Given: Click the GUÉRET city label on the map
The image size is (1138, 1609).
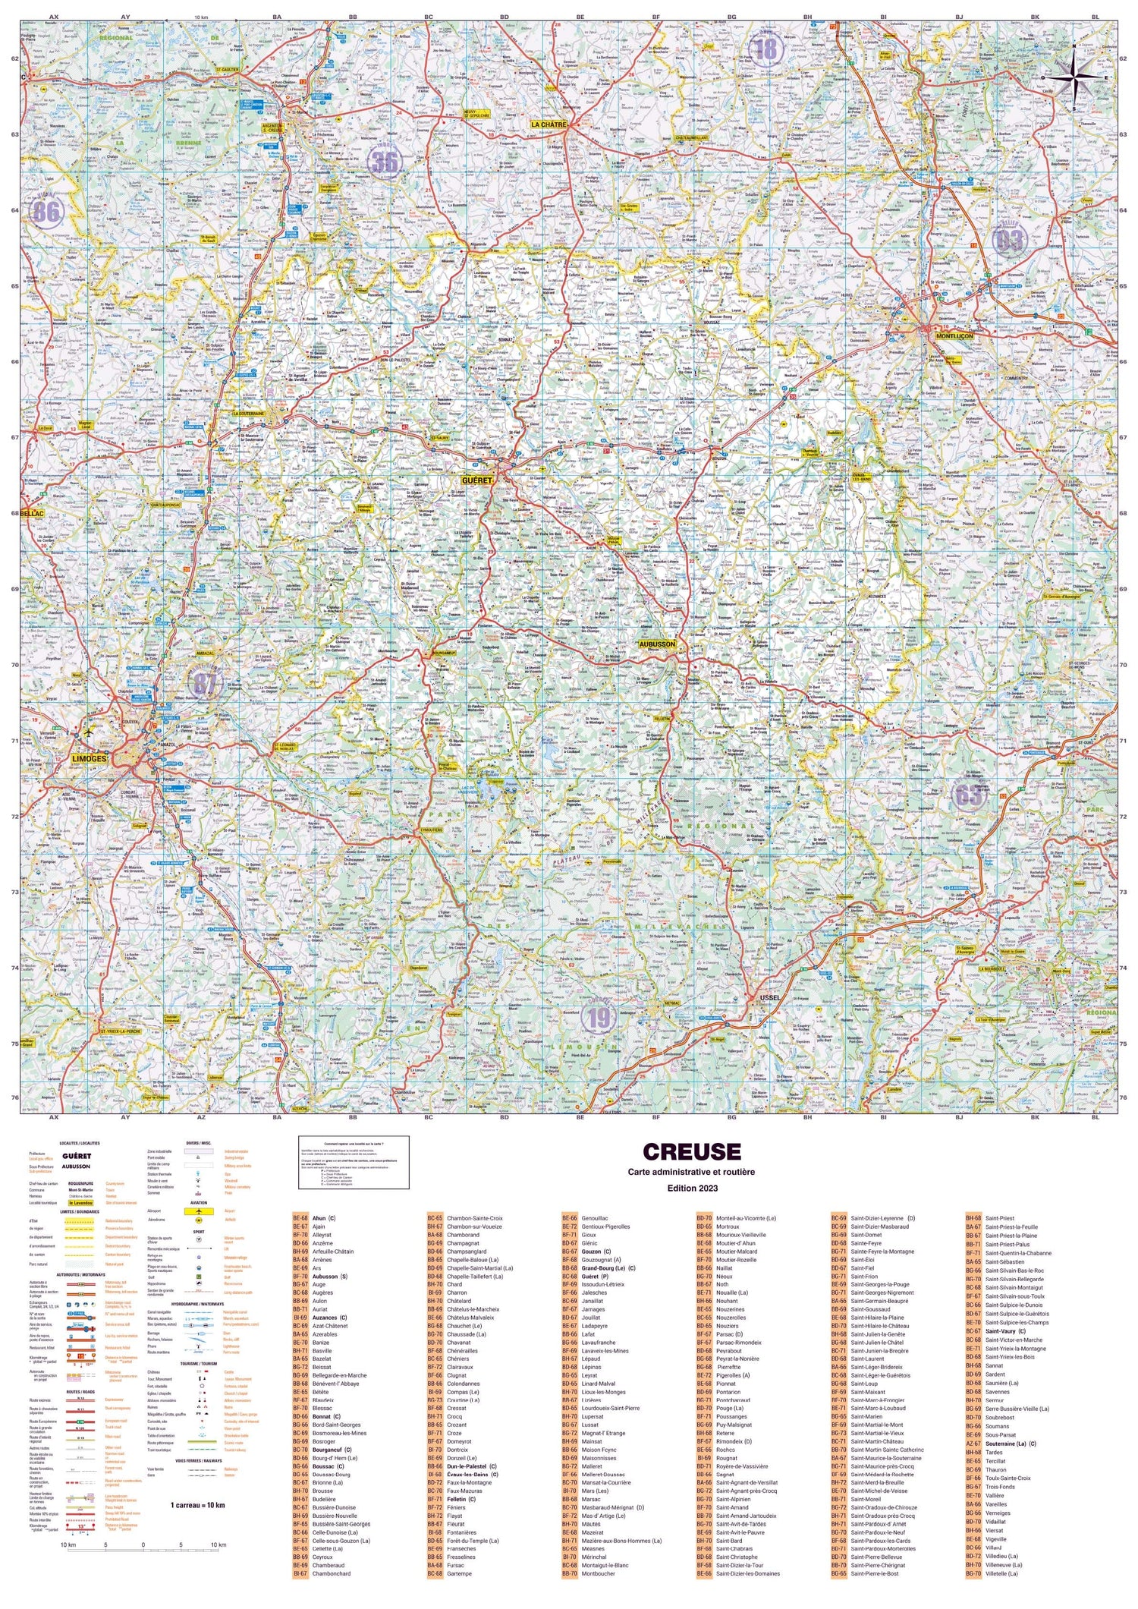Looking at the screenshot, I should pyautogui.click(x=477, y=480).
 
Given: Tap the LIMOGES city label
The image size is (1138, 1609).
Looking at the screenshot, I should pyautogui.click(x=90, y=758).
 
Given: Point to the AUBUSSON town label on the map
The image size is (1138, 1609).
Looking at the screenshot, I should pyautogui.click(x=657, y=644).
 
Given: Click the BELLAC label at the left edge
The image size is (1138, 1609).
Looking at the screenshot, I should pyautogui.click(x=33, y=514).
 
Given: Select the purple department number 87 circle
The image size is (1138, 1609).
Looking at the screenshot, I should pyautogui.click(x=204, y=684).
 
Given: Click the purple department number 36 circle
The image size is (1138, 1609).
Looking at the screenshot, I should pyautogui.click(x=385, y=161).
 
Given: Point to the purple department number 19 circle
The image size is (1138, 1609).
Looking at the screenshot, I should pyautogui.click(x=599, y=1018).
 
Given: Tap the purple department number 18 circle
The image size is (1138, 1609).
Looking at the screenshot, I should pyautogui.click(x=766, y=49).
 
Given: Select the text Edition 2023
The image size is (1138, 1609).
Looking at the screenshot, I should pyautogui.click(x=691, y=1188).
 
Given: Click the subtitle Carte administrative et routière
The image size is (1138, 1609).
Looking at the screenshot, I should pyautogui.click(x=691, y=1172).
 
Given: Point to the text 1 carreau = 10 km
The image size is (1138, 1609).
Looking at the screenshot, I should pyautogui.click(x=197, y=1505).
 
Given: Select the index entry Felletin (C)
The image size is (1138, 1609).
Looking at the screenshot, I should pyautogui.click(x=461, y=1499).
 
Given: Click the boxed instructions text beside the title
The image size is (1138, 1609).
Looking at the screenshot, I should pyautogui.click(x=354, y=1161).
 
